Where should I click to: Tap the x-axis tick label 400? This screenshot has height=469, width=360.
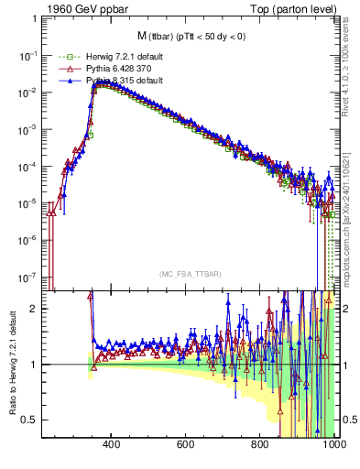[112, 446]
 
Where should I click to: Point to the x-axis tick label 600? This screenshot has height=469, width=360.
[186, 446]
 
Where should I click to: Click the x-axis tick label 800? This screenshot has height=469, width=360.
[260, 446]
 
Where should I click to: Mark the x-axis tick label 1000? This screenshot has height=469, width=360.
[332, 446]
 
